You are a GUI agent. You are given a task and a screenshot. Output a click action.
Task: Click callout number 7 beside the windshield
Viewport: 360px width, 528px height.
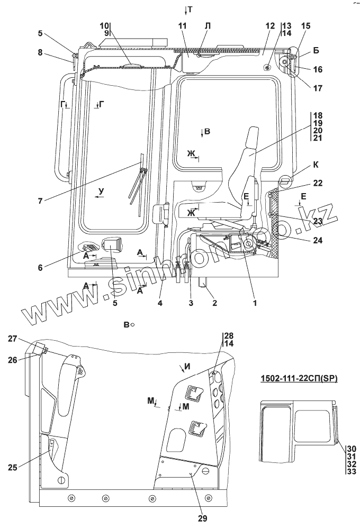(40, 202)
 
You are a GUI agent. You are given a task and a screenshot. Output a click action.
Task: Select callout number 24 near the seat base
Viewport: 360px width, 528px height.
(317, 240)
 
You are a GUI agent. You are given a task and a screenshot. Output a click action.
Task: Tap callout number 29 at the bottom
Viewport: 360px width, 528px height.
(203, 518)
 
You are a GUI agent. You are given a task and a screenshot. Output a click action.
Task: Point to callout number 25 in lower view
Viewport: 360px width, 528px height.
(13, 467)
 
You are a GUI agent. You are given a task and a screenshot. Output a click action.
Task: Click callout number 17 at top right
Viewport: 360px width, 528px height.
(318, 88)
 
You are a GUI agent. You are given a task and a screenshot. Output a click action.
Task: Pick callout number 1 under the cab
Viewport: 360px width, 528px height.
(255, 303)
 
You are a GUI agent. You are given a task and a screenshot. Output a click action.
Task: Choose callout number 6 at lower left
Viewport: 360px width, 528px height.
(40, 268)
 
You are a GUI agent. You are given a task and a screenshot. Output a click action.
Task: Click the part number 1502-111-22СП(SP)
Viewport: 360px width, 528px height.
(299, 378)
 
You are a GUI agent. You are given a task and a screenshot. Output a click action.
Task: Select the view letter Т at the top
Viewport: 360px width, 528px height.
(190, 10)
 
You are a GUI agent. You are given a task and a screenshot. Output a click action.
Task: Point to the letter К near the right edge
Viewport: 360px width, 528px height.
(316, 165)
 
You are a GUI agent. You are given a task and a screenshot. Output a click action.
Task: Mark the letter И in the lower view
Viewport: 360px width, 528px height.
(188, 367)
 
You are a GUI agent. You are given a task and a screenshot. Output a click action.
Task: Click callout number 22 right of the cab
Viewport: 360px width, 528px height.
(318, 183)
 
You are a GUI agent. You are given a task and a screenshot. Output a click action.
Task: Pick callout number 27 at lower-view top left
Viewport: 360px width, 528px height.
(13, 339)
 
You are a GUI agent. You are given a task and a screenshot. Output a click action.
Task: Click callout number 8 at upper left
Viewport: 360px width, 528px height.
(40, 52)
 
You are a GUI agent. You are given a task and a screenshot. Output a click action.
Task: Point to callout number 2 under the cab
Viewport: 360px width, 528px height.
(214, 303)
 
